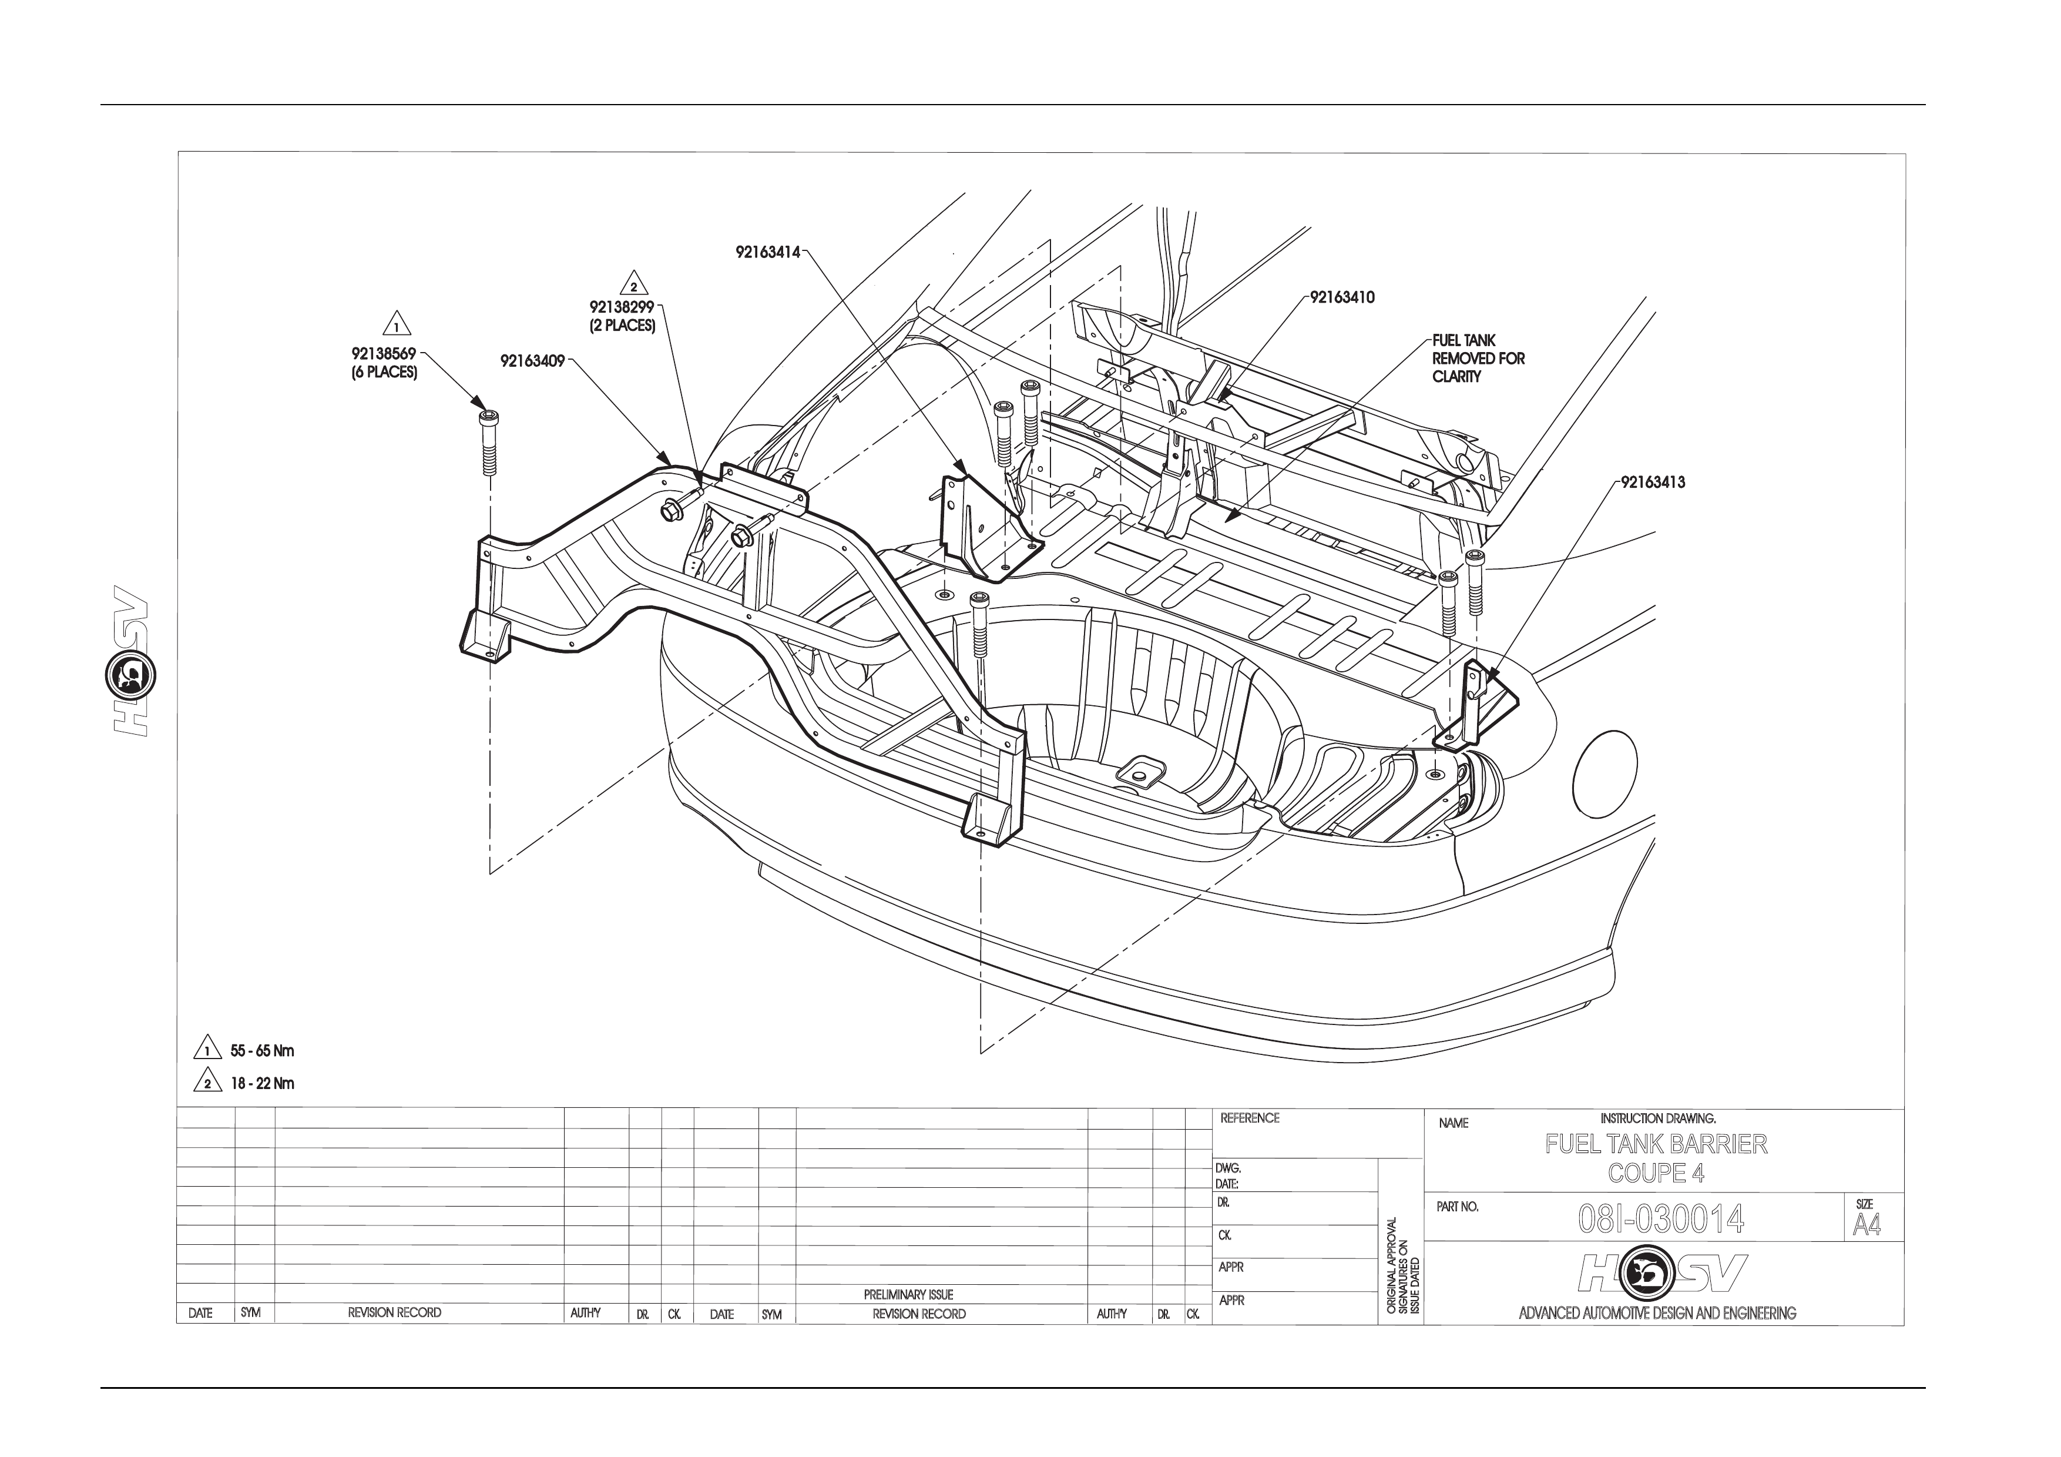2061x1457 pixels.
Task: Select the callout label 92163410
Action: [x=1342, y=297]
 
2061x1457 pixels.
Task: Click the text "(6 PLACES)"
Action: [x=384, y=373]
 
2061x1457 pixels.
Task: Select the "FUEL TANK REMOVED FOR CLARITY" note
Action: [x=1478, y=358]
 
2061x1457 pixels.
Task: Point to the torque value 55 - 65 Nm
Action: [x=262, y=1050]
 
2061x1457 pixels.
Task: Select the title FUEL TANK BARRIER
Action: [x=1656, y=1144]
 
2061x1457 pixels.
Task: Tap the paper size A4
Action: [x=1866, y=1224]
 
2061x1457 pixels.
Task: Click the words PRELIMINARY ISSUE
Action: [x=908, y=1295]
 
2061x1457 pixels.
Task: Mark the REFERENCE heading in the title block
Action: [x=1250, y=1118]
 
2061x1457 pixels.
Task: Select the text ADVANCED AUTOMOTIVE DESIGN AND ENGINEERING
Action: [x=1657, y=1314]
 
